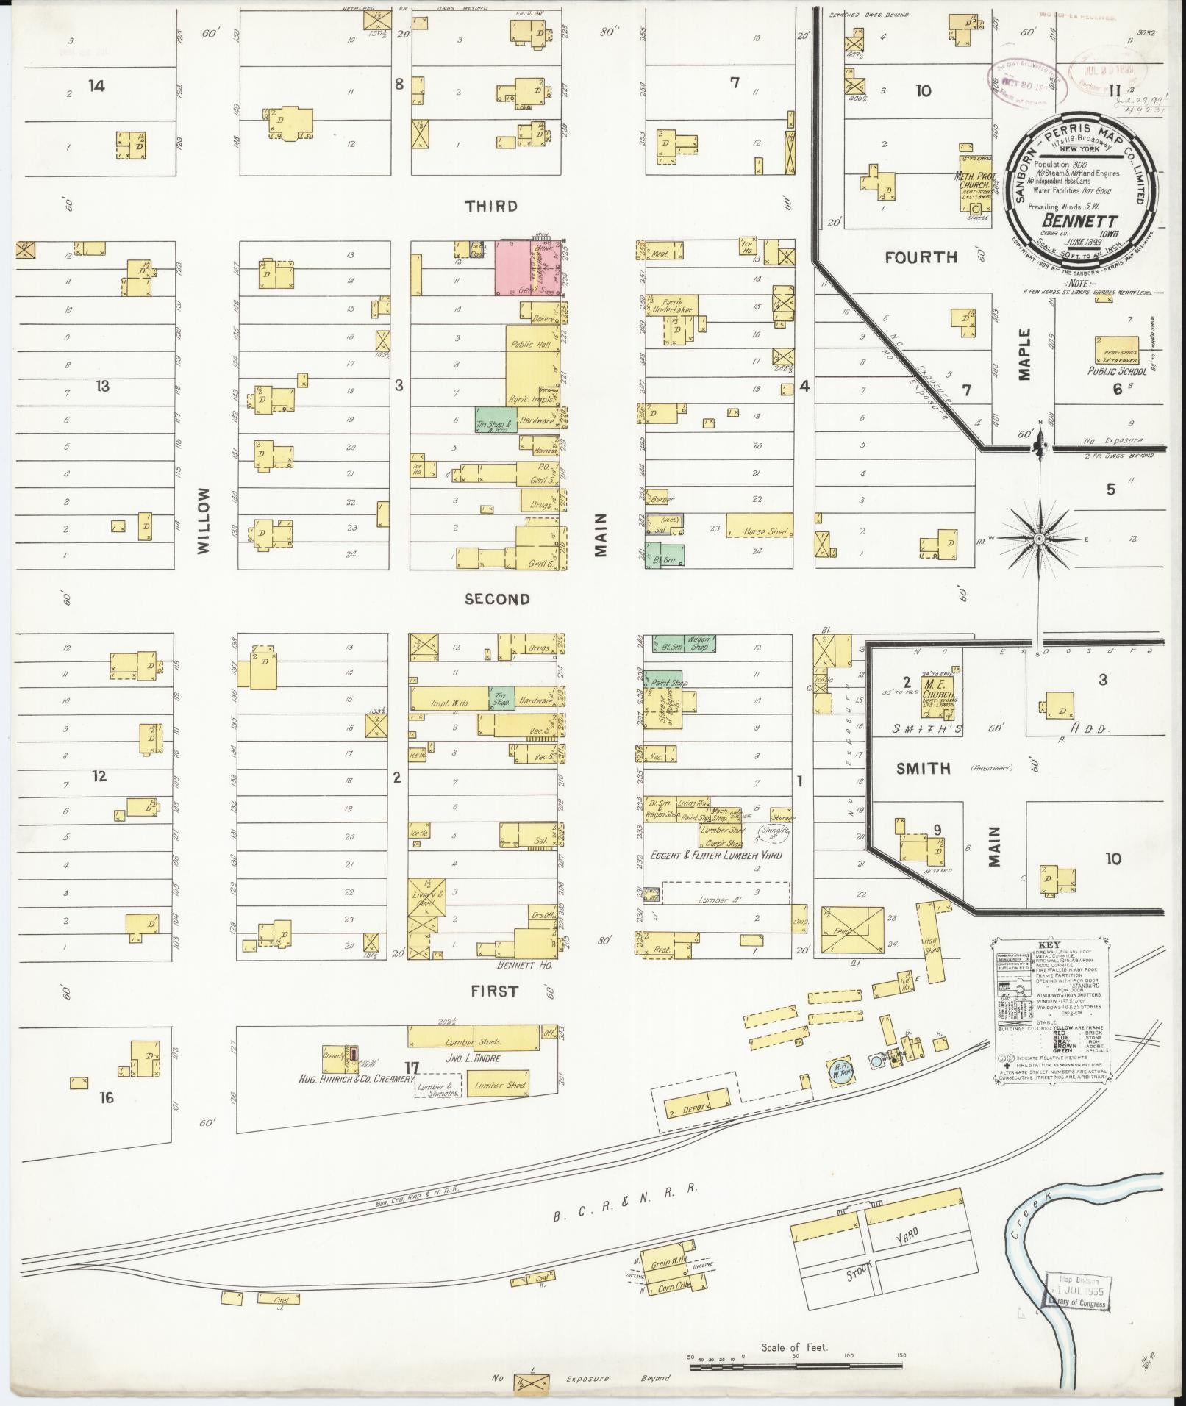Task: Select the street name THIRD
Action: [x=490, y=207]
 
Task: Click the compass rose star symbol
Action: [x=1039, y=539]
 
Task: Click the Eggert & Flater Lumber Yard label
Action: [x=715, y=856]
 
